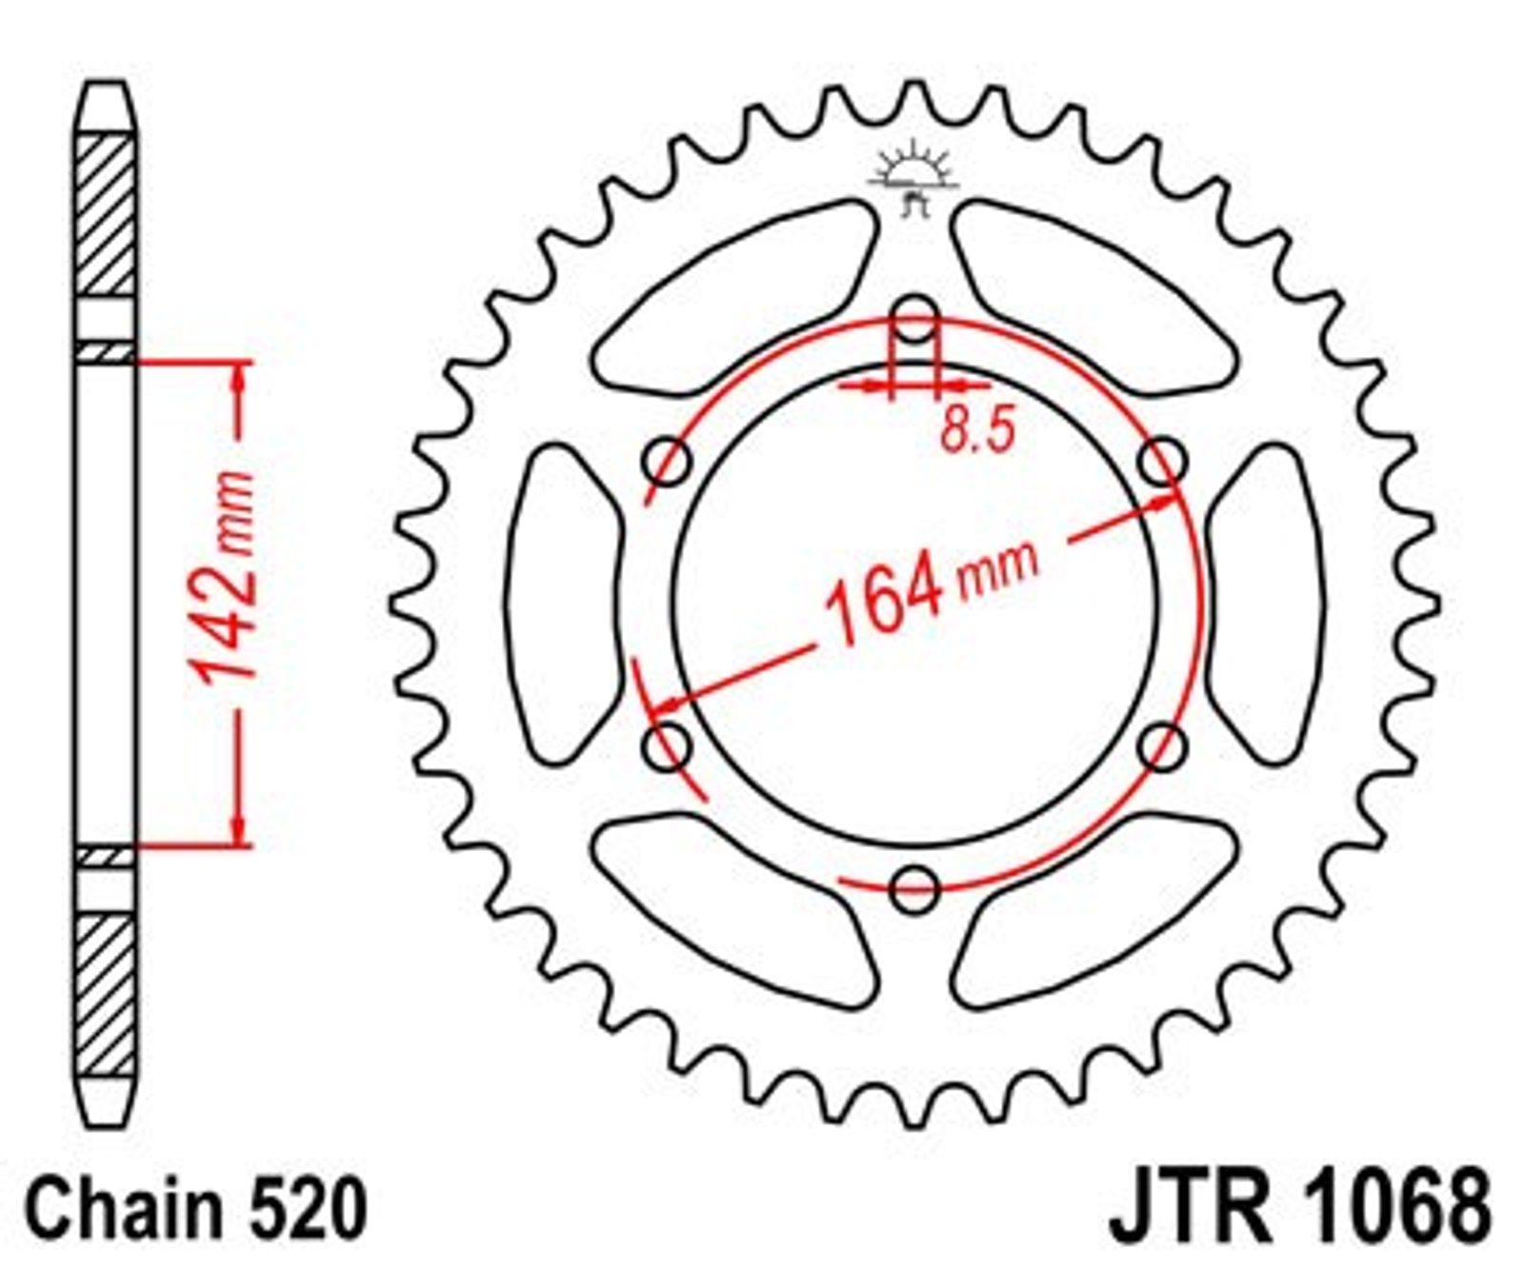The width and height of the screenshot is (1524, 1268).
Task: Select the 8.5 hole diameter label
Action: pyautogui.click(x=977, y=430)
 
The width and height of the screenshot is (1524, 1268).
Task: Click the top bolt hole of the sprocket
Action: pyautogui.click(x=914, y=320)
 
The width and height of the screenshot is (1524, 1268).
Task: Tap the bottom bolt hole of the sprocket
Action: pyautogui.click(x=914, y=888)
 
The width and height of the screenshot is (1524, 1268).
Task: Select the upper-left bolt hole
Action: pyautogui.click(x=668, y=464)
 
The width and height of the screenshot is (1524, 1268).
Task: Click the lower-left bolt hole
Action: pyautogui.click(x=668, y=746)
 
